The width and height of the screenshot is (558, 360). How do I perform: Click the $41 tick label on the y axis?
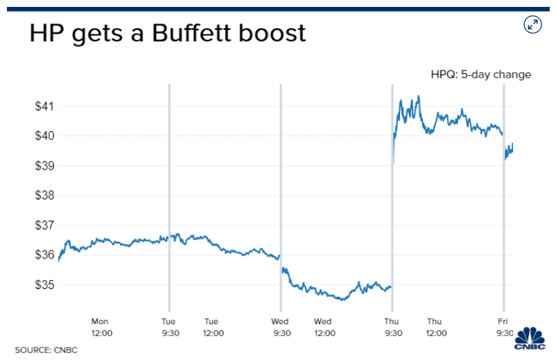pos(45,107)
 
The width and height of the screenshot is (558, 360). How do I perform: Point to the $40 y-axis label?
pos(45,137)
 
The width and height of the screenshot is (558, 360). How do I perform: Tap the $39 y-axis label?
pos(45,166)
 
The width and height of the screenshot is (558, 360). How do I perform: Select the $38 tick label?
pos(45,196)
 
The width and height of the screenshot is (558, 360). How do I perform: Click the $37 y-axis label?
pos(45,226)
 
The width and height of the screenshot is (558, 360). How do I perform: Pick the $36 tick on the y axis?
pos(45,255)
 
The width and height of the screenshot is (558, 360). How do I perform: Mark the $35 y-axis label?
pos(45,285)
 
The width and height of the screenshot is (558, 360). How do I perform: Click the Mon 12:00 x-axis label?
pos(101,327)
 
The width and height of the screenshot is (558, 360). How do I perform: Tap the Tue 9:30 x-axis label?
pos(169,327)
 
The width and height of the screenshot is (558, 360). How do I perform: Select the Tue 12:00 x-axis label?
pos(212,327)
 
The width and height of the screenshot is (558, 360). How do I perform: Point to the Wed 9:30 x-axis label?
pos(280,327)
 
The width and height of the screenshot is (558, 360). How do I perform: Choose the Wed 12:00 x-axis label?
pos(323,327)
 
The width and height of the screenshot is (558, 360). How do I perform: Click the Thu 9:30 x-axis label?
pos(392,327)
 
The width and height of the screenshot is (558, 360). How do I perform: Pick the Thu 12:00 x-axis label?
pos(434,327)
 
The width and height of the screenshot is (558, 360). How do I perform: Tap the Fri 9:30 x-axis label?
pos(503,327)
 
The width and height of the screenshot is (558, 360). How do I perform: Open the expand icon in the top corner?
pos(532,25)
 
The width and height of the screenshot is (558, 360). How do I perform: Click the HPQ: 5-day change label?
pos(480,74)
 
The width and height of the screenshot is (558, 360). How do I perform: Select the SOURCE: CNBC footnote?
pos(46,350)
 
